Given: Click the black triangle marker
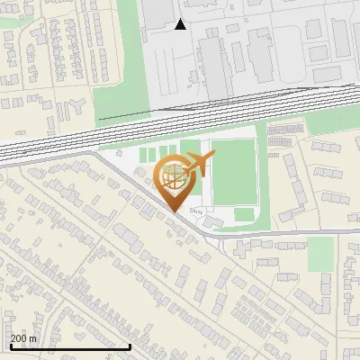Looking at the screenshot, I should pos(181,24).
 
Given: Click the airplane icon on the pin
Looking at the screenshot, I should pos(198,163).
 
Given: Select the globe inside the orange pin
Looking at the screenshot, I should pos(173,175).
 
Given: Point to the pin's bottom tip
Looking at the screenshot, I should pos(173,211).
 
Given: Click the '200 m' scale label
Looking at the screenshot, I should pos(23,339).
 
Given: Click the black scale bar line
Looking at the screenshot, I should pos(70,346).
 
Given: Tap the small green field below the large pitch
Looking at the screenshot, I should pos(244,214).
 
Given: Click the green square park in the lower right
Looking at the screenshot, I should pos(320,254).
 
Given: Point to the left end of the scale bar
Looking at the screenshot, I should pos(10,346).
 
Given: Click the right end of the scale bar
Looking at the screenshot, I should pos(130,346).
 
